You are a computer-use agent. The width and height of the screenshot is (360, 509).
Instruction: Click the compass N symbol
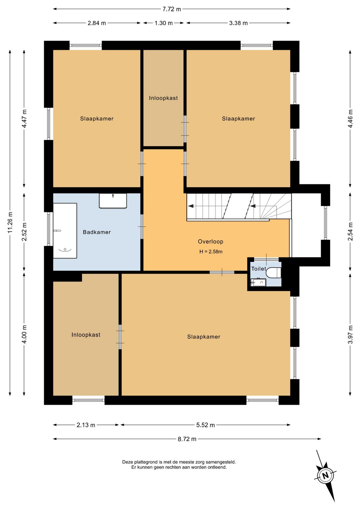325,476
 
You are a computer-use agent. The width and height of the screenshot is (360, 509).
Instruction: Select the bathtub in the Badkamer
65,230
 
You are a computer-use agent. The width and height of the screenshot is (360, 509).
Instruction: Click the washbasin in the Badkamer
113,201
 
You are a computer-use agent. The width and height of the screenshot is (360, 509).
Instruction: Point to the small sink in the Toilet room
258,283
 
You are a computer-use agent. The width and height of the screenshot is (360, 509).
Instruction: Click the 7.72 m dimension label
172,9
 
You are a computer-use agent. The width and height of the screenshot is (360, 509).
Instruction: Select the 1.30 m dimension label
164,23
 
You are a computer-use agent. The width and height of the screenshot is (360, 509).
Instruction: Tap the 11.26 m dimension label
10,222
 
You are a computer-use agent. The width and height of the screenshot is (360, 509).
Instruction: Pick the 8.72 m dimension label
187,439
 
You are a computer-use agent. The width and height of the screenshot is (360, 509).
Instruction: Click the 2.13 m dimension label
86,425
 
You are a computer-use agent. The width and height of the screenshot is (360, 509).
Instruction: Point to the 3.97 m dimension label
350,335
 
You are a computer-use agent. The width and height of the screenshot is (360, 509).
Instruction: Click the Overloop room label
211,241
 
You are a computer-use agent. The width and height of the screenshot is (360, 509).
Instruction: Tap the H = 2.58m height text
211,251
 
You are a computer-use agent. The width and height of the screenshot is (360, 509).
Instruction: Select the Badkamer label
97,232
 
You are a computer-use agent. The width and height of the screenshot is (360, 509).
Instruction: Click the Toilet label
258,269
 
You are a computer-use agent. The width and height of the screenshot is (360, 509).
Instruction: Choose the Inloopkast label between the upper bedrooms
163,98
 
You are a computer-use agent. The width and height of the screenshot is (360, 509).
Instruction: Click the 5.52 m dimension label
205,425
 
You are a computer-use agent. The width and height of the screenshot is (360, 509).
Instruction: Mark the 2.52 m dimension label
24,232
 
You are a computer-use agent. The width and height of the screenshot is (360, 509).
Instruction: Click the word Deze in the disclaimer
127,462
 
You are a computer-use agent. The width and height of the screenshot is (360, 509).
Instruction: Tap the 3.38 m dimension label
238,23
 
